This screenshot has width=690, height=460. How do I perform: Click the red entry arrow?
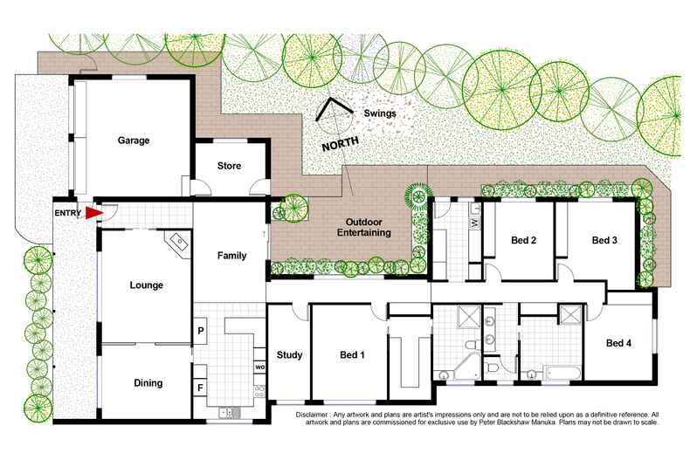[x=93, y=213]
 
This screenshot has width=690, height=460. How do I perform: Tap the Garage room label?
[x=134, y=141]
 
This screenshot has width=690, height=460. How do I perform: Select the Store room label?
[x=229, y=166]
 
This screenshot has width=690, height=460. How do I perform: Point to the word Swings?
[x=380, y=113]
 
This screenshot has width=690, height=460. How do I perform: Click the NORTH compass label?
[x=340, y=144]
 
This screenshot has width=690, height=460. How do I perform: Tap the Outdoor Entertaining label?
[x=364, y=227]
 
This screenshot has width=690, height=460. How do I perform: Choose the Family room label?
[x=232, y=256]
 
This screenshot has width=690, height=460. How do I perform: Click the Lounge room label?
[x=147, y=285]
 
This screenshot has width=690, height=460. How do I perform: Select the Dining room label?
[x=148, y=383]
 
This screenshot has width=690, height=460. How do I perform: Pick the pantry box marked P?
[x=201, y=331]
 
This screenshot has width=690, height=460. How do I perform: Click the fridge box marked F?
[x=200, y=388]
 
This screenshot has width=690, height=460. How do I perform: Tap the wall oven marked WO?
[x=259, y=367]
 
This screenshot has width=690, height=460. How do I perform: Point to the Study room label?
[x=290, y=355]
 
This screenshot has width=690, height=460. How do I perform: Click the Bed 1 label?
[x=353, y=355]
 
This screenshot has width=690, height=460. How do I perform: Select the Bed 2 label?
[x=524, y=240]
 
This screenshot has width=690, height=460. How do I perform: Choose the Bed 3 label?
[x=604, y=240]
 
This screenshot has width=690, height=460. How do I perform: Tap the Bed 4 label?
[x=618, y=343]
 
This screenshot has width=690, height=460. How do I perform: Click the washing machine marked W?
[x=475, y=223]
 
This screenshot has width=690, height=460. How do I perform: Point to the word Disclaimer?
[x=312, y=415]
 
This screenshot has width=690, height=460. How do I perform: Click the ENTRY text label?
[x=68, y=213]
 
